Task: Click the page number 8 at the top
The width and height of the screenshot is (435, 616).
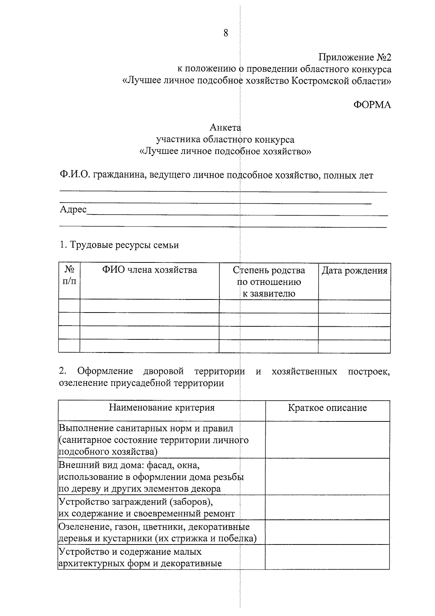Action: click(x=226, y=33)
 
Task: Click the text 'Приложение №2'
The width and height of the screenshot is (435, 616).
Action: click(x=355, y=57)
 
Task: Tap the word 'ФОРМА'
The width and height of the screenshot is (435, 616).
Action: click(x=372, y=105)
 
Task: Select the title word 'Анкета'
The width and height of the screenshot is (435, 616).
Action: click(x=225, y=128)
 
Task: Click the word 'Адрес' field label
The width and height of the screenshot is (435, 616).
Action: click(x=73, y=209)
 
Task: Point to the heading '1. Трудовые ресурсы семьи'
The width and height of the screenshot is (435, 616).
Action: click(x=119, y=245)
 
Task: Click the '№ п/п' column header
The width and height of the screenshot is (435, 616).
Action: click(x=69, y=276)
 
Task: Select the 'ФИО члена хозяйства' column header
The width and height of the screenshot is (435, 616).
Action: click(x=149, y=270)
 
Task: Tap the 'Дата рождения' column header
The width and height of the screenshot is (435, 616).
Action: click(x=354, y=270)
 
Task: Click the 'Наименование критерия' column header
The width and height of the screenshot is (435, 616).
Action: click(x=162, y=408)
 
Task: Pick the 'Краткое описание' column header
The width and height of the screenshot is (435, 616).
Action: click(x=327, y=408)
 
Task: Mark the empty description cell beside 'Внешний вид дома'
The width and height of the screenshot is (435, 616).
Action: click(x=327, y=477)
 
